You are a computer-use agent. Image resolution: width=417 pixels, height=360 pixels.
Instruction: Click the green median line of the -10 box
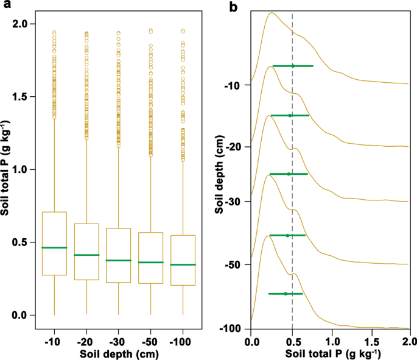(x=54, y=247)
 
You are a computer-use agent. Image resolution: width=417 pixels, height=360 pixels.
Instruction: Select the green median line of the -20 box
(x=86, y=255)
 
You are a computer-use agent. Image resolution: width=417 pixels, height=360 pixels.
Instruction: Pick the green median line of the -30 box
(x=118, y=260)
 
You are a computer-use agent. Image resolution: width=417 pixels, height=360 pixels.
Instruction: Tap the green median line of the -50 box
(x=150, y=262)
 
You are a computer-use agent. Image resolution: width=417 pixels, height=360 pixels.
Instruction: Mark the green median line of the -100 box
(x=183, y=264)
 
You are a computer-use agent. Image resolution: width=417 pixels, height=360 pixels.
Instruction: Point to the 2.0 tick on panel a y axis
(x=25, y=24)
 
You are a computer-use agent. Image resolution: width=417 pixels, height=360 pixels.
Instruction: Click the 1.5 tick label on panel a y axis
(x=25, y=97)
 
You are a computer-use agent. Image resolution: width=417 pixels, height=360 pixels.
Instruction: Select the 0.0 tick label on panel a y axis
(x=25, y=315)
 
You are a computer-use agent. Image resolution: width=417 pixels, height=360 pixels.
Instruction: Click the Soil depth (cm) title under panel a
(x=118, y=352)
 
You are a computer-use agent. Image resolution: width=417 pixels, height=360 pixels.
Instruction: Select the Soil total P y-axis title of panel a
(x=8, y=169)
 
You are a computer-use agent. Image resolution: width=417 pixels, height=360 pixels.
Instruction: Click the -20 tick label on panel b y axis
(x=234, y=147)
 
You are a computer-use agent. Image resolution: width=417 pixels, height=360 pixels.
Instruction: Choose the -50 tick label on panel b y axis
(x=234, y=265)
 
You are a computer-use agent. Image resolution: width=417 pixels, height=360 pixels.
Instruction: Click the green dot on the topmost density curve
(x=293, y=66)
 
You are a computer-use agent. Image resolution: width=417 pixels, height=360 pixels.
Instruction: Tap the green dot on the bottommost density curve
(x=285, y=294)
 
